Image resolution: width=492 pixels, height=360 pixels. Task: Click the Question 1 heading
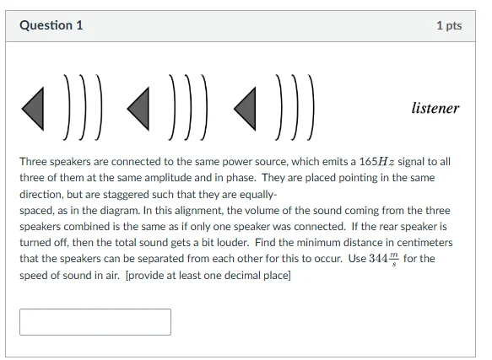point(51,25)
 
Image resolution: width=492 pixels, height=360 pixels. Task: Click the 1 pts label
point(449,25)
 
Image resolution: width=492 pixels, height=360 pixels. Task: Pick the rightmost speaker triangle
point(245,107)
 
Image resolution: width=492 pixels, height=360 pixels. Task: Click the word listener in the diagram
point(435,109)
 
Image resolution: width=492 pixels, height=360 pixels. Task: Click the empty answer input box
point(95,321)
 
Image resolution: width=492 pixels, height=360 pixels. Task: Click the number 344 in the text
point(383,258)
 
